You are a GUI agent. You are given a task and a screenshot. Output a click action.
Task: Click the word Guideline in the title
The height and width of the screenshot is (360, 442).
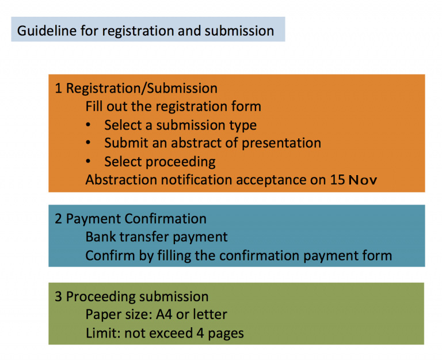pos(47,31)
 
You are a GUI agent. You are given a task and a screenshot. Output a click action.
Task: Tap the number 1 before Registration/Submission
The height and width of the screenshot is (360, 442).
pos(58,88)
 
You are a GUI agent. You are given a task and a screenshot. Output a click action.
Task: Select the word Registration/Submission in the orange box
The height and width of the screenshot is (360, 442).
pos(142,88)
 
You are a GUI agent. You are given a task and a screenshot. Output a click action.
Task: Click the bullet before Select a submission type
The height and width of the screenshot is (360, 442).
pos(88,124)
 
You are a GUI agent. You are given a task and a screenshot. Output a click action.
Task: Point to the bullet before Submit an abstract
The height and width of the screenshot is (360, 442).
pos(88,143)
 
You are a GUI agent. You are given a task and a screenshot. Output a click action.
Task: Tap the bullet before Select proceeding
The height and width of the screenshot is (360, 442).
pos(88,161)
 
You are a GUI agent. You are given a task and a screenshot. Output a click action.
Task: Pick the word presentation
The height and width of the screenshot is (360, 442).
pos(281,143)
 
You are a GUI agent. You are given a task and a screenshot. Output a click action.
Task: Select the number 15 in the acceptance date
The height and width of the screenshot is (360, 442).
pos(337,180)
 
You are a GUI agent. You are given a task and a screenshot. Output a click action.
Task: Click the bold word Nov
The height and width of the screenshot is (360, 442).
pos(363,180)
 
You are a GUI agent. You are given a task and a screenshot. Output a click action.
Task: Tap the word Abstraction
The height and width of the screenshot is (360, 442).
pos(121,180)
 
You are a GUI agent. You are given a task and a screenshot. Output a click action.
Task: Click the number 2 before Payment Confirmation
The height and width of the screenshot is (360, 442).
pos(58,219)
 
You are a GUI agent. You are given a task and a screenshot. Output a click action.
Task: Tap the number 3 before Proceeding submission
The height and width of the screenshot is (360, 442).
pos(58,297)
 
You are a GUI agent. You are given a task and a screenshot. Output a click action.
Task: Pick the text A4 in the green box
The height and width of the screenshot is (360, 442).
pos(164,314)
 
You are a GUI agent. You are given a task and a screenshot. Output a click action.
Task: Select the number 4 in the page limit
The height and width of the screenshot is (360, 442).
pos(200,333)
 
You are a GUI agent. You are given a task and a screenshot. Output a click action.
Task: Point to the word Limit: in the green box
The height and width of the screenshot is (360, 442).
pos(103,333)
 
